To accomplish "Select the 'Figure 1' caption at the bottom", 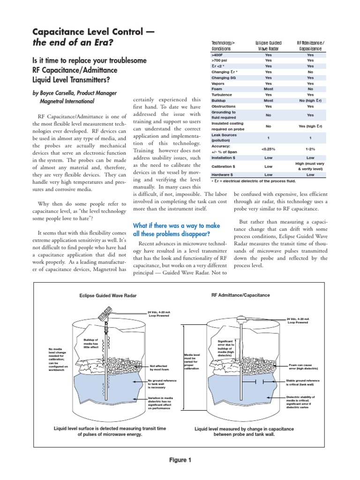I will [x=180, y=460].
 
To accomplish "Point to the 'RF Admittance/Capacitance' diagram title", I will [x=241, y=295].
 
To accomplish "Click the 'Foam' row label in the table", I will [x=216, y=89].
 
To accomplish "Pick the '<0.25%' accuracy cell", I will [x=268, y=150].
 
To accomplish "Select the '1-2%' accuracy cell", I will [x=310, y=150].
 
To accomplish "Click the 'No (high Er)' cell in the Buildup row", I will [x=310, y=100].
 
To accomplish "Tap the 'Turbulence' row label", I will [x=221, y=94].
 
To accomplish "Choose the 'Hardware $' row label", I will [x=223, y=174].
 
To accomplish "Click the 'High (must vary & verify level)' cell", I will [x=310, y=166].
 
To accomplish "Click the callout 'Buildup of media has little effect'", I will [x=91, y=343].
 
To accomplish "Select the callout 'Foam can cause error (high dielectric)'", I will [x=303, y=367].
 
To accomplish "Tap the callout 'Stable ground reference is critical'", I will [x=303, y=382].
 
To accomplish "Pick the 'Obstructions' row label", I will [x=223, y=106].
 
